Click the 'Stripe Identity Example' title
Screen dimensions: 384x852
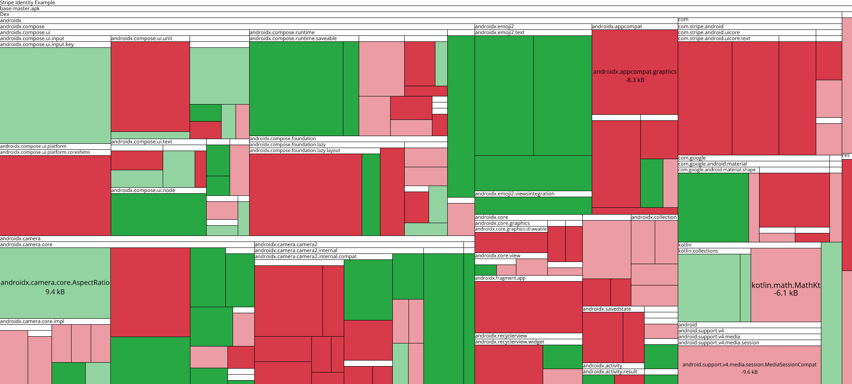[x=28, y=3]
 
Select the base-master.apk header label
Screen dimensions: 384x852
[x=20, y=9]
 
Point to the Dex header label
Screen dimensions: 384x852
[x=5, y=15]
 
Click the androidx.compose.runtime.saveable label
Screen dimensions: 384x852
[x=293, y=38]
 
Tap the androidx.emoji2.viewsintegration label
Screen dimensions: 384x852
[x=515, y=194]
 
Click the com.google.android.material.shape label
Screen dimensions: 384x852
[x=717, y=170]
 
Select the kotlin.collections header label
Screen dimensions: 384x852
[x=698, y=251]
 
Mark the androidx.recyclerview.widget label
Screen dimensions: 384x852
[x=509, y=342]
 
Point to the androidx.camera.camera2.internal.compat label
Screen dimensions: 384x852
[x=305, y=256]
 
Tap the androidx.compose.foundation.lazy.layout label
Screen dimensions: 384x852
[x=295, y=151]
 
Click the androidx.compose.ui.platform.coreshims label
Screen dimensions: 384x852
[x=45, y=152]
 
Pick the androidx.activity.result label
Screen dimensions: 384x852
[x=610, y=372]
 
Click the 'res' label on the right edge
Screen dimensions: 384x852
[x=846, y=156]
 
